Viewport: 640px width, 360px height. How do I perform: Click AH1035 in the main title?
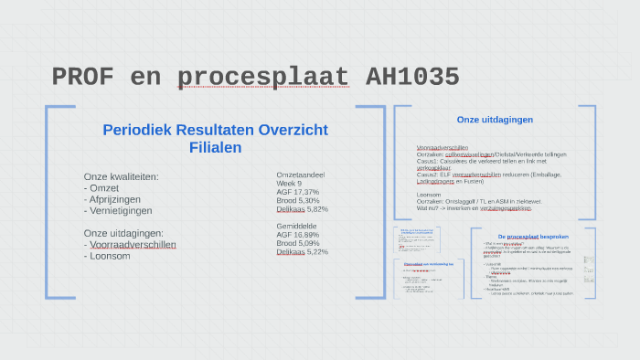click(411, 77)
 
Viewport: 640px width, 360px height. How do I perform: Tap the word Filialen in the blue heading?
click(215, 147)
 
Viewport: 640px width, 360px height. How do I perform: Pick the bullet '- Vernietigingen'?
click(119, 210)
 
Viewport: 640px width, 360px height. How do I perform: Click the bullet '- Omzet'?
click(101, 188)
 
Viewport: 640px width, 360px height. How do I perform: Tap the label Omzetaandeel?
click(301, 175)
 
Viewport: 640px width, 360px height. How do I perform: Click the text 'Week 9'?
click(289, 184)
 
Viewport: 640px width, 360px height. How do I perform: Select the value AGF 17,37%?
click(298, 192)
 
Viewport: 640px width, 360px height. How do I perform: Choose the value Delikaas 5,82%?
click(302, 209)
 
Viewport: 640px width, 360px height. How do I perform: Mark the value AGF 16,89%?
click(298, 235)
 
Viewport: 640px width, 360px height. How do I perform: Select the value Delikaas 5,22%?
click(302, 252)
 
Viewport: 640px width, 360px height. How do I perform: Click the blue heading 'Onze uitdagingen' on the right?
click(495, 120)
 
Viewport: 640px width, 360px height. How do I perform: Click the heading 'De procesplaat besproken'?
click(532, 237)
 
